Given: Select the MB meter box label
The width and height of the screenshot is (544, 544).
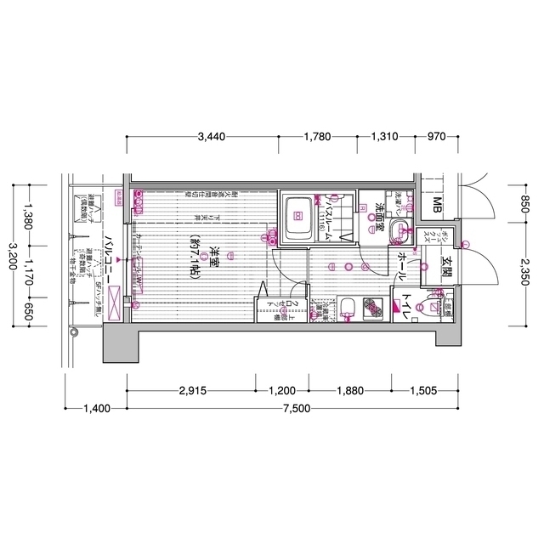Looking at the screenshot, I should [x=436, y=205].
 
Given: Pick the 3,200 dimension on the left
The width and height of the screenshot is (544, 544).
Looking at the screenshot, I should [x=13, y=256].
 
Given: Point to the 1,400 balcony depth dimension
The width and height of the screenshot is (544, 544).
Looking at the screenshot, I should [x=97, y=408].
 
